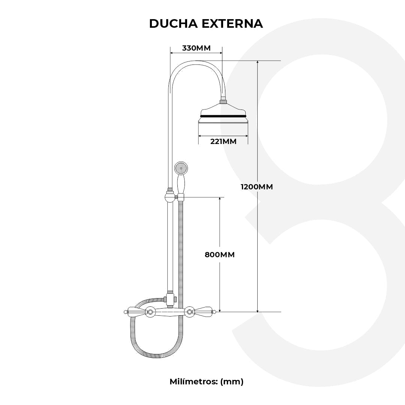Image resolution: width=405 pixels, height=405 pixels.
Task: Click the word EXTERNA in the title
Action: click(232, 23)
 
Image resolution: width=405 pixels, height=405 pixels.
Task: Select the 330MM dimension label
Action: click(196, 48)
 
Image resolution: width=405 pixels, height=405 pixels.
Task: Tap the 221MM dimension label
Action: click(223, 141)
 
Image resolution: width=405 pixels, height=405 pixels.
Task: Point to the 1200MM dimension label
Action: click(257, 187)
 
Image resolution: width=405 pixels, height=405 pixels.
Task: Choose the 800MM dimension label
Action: click(220, 255)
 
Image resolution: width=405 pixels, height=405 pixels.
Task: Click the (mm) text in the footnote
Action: click(232, 382)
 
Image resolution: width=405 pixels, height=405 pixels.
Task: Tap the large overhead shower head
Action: click(223, 114)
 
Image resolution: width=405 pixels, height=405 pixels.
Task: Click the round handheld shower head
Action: click(181, 168)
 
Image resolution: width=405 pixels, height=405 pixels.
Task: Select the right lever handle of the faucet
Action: click(204, 311)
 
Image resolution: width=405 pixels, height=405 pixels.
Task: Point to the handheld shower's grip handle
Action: click(181, 184)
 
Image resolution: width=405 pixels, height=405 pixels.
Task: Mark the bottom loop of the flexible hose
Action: click(156, 354)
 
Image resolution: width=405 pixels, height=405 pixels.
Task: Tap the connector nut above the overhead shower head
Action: click(223, 100)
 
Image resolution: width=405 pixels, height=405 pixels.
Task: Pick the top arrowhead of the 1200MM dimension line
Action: click(258, 63)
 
